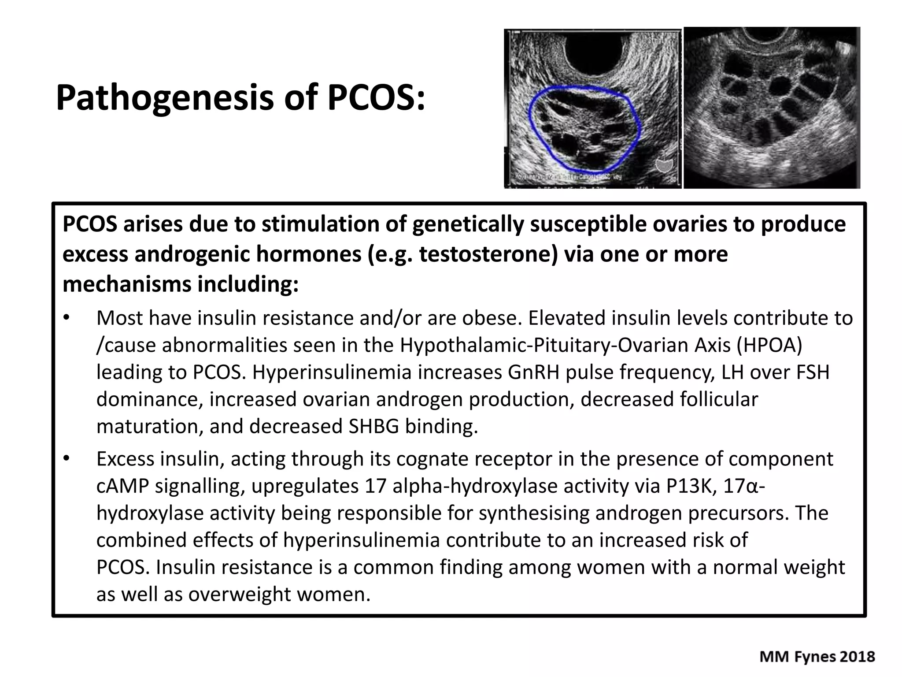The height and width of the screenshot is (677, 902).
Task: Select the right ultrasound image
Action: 772,108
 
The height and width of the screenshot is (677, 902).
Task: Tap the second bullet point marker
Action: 67,459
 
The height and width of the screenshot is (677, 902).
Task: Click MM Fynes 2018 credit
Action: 817,657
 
